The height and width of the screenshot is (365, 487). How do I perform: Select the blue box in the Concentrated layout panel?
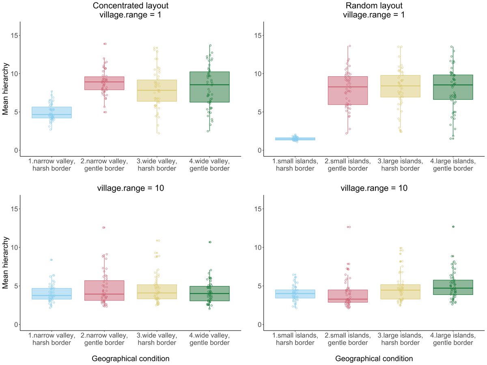click(x=52, y=112)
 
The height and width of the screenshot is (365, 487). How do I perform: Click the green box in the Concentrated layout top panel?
click(x=209, y=87)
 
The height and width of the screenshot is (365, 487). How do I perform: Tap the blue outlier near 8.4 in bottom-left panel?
click(x=52, y=260)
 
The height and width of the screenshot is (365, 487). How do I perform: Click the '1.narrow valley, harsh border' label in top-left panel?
click(x=52, y=164)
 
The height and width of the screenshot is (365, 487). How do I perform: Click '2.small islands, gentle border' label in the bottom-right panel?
click(x=348, y=339)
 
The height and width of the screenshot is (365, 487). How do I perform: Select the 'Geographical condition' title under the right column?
click(x=374, y=359)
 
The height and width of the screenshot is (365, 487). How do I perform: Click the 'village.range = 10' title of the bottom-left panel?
click(x=131, y=188)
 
